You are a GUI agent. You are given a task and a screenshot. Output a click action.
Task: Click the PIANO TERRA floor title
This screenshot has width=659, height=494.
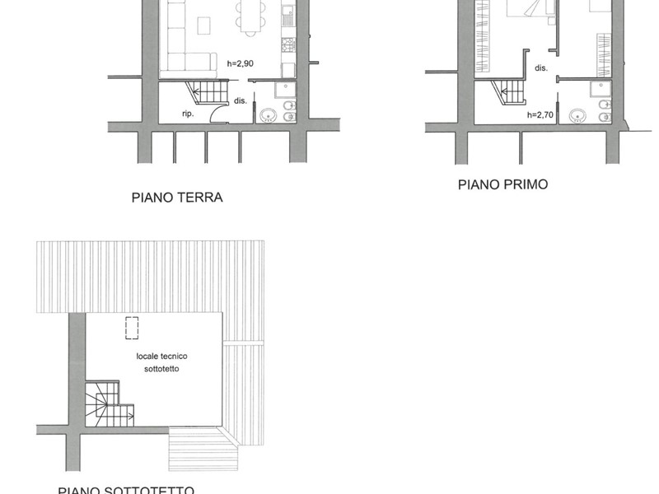point(177,198)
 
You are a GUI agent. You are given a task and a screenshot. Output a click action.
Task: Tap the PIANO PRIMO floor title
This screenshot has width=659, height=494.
point(502,184)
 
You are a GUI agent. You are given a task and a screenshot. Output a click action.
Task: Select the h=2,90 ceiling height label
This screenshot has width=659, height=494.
point(242,63)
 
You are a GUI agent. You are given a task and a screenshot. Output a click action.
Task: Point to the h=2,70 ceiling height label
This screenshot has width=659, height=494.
point(541,115)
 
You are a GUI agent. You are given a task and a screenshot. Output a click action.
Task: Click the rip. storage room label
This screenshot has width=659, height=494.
point(188,114)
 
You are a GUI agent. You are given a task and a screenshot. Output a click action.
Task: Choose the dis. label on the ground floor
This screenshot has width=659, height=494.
point(240,101)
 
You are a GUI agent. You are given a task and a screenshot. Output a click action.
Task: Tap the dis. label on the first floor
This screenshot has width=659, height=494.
point(541,68)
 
